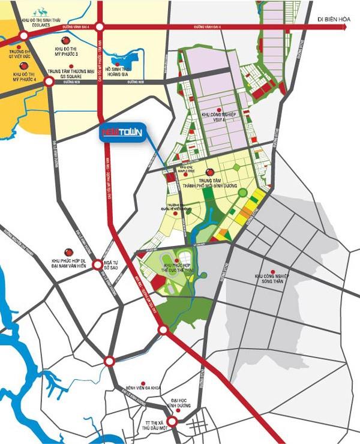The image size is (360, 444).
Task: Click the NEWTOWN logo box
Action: (124, 134)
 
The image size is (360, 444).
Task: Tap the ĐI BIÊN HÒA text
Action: (335, 20)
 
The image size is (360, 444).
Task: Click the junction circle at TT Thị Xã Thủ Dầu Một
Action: (173, 422)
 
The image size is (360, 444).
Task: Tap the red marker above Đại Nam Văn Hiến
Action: (68, 252)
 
